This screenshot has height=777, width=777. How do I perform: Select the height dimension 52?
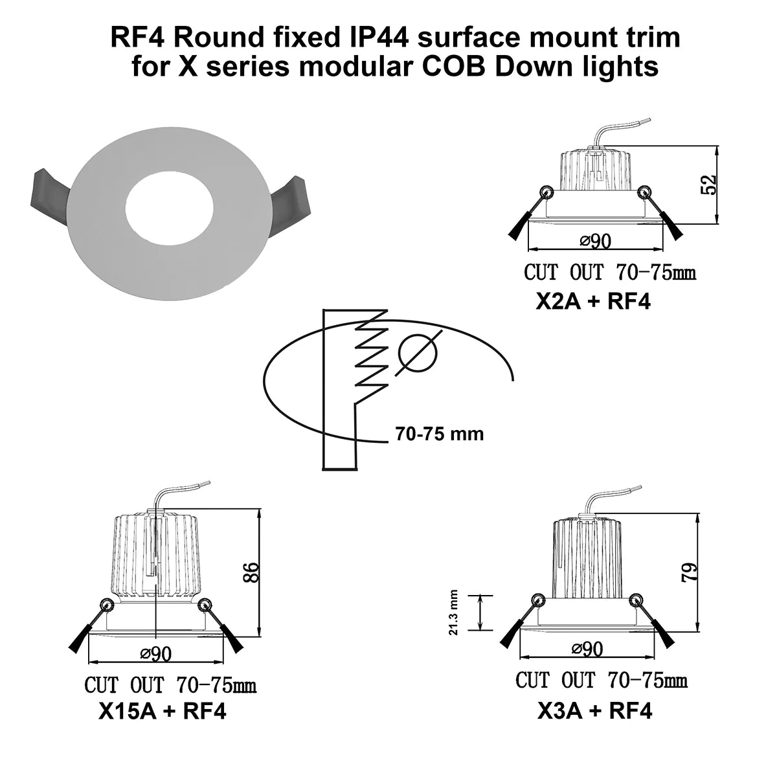710,185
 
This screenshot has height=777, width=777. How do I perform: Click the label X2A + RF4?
592,302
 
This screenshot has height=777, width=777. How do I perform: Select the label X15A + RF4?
162,712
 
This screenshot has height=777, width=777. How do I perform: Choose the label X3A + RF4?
594,711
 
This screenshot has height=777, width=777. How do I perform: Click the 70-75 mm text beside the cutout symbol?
439,434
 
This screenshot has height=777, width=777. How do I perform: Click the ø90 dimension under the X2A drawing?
595,242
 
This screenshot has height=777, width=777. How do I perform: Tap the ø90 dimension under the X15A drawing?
155,655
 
